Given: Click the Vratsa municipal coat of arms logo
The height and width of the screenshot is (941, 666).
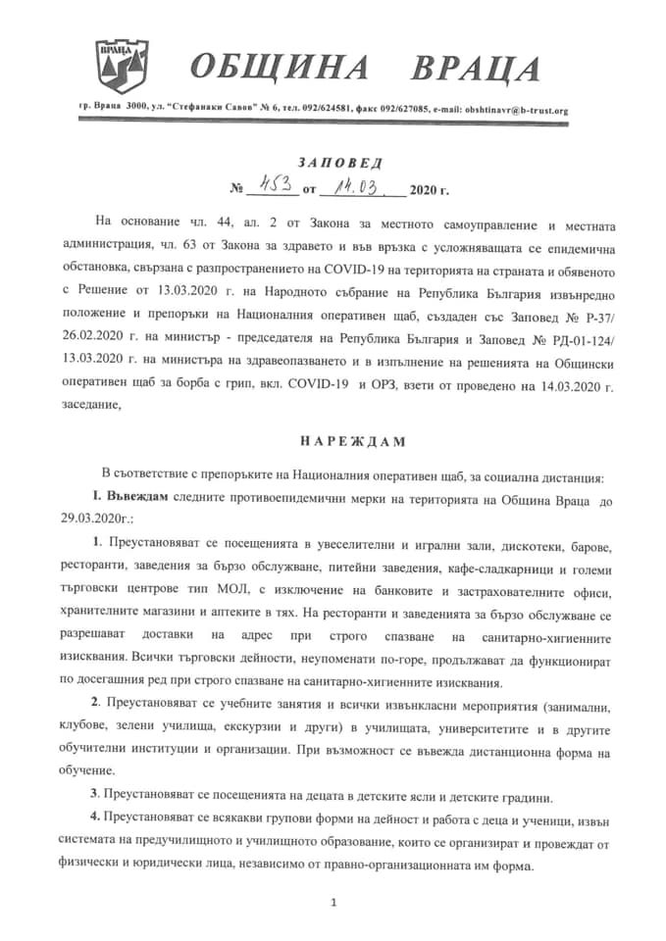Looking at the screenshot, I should click(x=119, y=66).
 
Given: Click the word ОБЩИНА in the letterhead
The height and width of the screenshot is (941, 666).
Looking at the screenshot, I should click(x=280, y=69).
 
